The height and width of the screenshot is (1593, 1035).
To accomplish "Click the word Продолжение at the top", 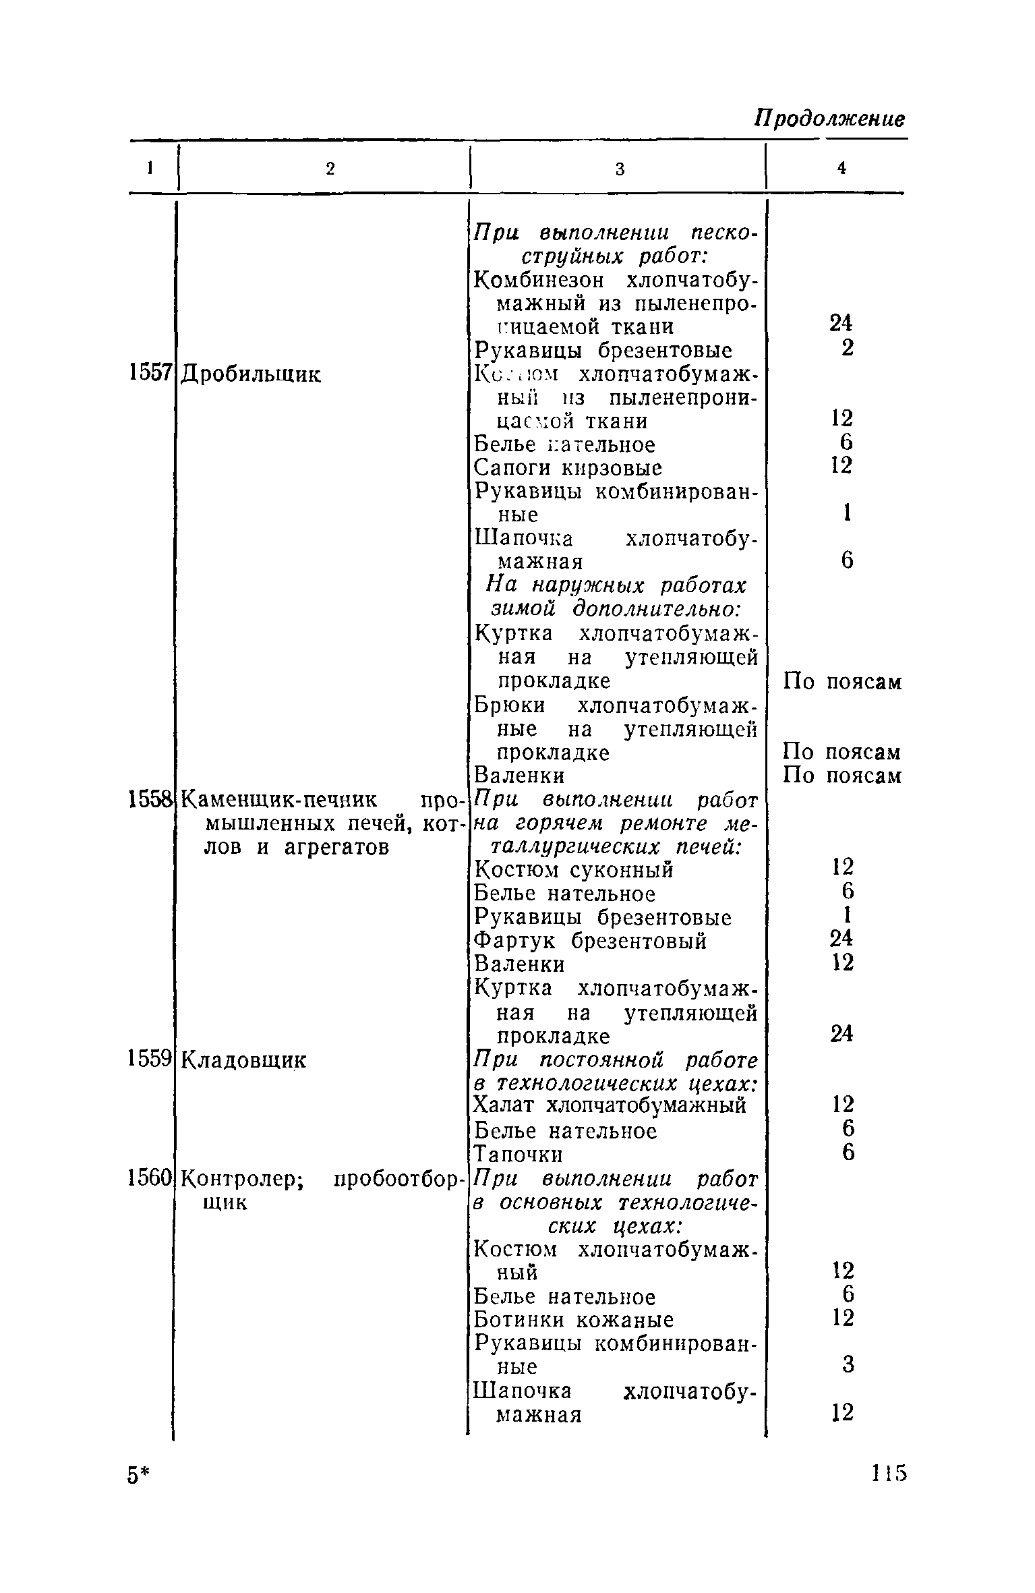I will click(x=829, y=119).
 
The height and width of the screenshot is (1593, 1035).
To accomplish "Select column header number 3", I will click(x=620, y=169).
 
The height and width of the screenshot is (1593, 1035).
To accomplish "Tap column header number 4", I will click(x=841, y=169).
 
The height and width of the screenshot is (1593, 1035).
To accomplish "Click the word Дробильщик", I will click(x=252, y=374).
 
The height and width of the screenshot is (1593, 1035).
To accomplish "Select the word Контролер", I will click(x=244, y=1179).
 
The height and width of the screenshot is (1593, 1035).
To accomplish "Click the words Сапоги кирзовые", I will click(x=568, y=468).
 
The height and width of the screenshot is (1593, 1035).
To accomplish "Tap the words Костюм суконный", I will click(x=574, y=871).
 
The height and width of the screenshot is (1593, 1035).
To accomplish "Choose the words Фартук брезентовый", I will click(x=591, y=941).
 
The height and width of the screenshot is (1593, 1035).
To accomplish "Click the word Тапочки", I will click(x=518, y=1155).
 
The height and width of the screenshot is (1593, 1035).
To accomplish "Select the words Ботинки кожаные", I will click(x=574, y=1320).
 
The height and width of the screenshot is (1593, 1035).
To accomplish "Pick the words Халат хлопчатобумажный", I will click(x=610, y=1106).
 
